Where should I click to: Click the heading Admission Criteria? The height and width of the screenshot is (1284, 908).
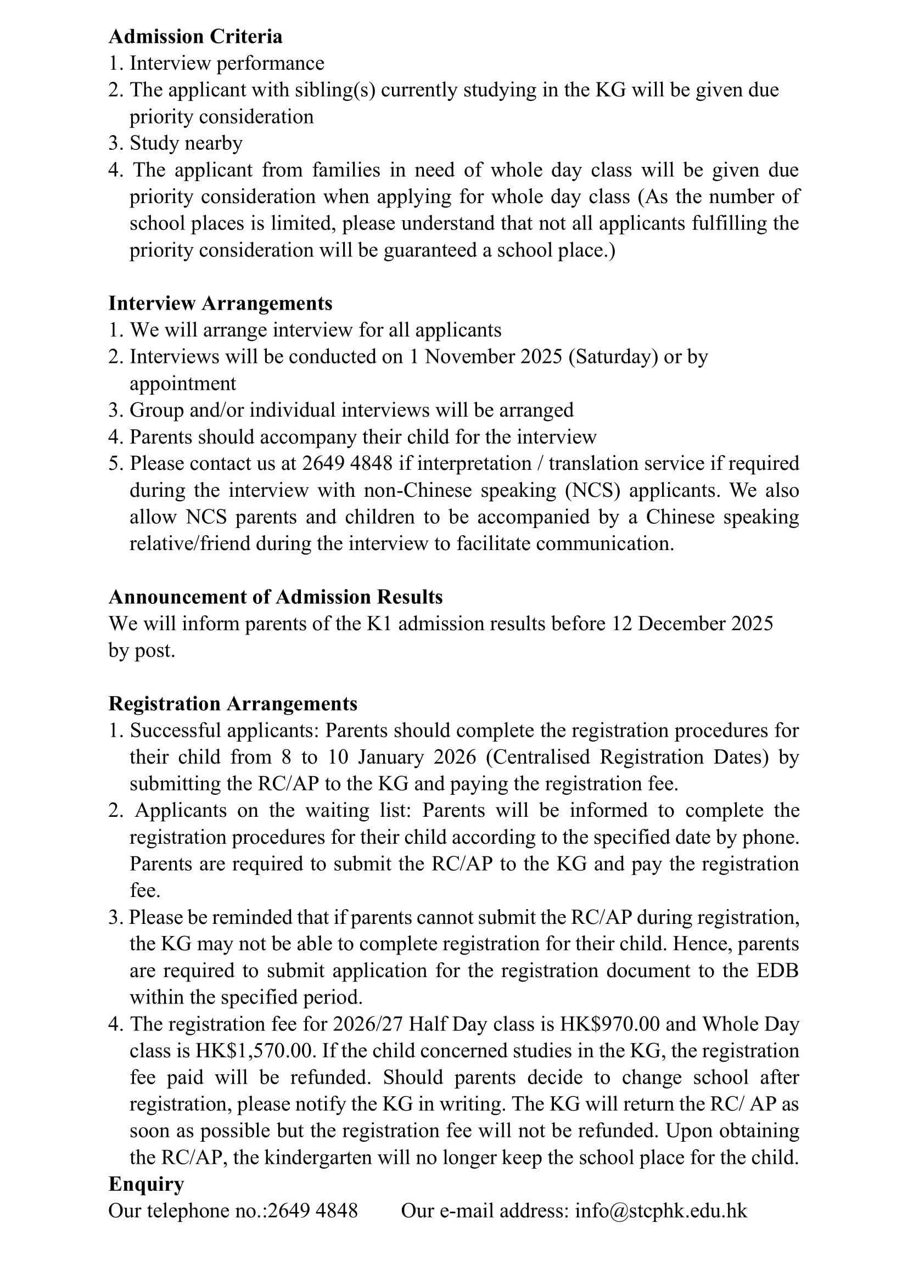[x=195, y=37]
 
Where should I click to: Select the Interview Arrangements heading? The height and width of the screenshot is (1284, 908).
[x=220, y=303]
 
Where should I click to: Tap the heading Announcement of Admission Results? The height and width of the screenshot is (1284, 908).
[x=275, y=597]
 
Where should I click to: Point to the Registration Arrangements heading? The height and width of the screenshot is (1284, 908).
[x=233, y=704]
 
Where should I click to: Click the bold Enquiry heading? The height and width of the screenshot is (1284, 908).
[x=146, y=1184]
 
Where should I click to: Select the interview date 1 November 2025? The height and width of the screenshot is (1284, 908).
[x=485, y=357]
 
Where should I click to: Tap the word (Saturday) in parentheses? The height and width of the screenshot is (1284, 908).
[x=613, y=357]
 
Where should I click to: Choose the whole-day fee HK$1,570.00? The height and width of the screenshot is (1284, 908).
[x=253, y=1051]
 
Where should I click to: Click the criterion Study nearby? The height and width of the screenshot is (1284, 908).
[x=186, y=143]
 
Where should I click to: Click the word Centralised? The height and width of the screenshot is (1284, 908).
[x=541, y=757]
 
